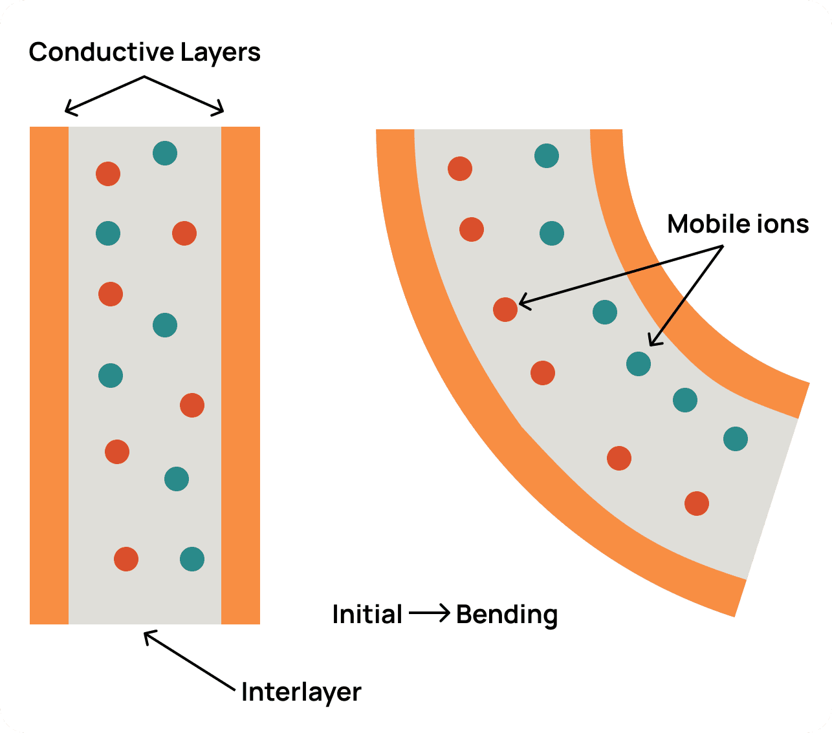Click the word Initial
click(367, 614)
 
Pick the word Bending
click(507, 615)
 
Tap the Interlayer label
click(301, 692)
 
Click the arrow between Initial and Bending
click(429, 613)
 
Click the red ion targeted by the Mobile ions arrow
click(505, 310)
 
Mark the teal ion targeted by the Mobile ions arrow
click(639, 364)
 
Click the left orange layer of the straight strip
click(49, 375)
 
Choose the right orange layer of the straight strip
click(241, 375)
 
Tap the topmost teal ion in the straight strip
click(165, 153)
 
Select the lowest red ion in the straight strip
click(126, 559)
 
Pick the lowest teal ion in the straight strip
click(192, 559)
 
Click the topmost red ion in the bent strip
click(460, 169)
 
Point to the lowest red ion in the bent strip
click(697, 504)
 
